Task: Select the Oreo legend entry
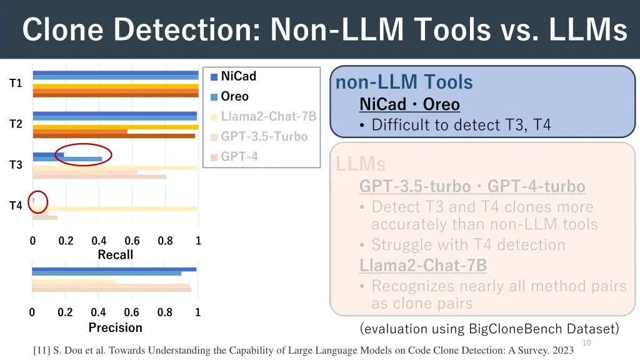tap(234, 96)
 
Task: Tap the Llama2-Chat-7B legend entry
tap(268, 116)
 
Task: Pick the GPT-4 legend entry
tap(239, 156)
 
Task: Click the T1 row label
tap(16, 83)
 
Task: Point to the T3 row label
tap(16, 165)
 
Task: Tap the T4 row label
tap(16, 206)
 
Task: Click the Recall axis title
tap(115, 254)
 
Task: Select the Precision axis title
tap(115, 327)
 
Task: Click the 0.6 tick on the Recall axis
tap(132, 241)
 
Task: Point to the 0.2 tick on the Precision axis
tap(65, 313)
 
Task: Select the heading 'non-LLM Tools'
tap(404, 82)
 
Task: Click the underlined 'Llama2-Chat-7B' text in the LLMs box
tap(422, 265)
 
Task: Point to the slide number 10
tap(586, 342)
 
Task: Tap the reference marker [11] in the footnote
tap(42, 351)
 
